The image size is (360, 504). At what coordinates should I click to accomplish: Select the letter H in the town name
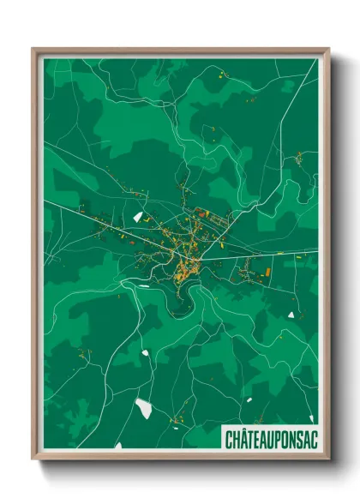tap(236, 439)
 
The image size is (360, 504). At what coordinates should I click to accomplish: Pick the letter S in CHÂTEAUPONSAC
tap(292, 439)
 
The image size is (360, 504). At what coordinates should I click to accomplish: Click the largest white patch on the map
tap(144, 408)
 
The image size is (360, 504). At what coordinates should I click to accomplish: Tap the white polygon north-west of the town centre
tap(137, 217)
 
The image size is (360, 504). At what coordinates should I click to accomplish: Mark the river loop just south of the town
tap(182, 300)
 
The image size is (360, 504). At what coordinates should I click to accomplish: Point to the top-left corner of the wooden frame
tap(33, 49)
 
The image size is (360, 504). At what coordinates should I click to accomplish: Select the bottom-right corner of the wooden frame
tap(328, 459)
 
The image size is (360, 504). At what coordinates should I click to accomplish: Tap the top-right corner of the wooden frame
tap(328, 49)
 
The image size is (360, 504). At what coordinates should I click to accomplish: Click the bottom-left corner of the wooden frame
tap(33, 459)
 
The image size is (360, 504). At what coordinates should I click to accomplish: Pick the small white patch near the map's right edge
tap(291, 314)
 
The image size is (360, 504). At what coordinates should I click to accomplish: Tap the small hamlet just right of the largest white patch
tap(176, 419)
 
